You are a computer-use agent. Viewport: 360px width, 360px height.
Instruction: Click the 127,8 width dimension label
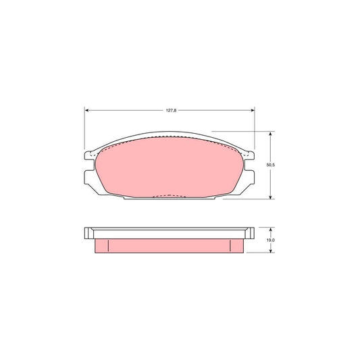coord(171,111)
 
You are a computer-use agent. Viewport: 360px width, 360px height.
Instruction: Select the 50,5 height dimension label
coord(271,165)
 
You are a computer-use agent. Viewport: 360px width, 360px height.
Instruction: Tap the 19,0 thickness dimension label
coord(271,240)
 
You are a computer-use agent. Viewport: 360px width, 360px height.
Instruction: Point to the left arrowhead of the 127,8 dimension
coord(86,111)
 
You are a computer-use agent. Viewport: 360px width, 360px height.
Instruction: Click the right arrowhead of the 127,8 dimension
coord(253,111)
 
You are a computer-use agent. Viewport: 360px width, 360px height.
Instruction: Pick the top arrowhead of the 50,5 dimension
coord(271,134)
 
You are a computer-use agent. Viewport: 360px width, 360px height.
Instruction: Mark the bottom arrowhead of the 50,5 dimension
coord(271,197)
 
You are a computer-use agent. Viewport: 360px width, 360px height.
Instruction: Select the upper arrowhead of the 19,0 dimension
coord(271,230)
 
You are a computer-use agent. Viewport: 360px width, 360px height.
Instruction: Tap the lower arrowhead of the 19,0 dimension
coord(271,251)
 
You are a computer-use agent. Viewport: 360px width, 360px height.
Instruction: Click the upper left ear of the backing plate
coord(89,155)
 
